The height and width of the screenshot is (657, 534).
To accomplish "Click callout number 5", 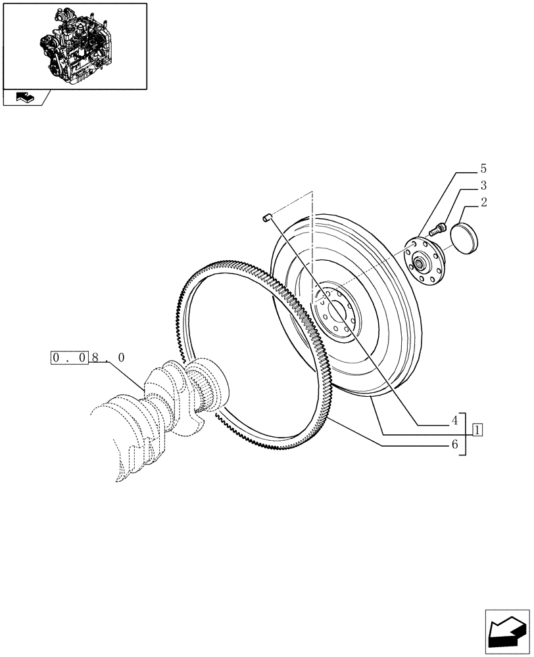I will [483, 169].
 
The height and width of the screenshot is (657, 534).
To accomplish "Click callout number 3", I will [483, 186].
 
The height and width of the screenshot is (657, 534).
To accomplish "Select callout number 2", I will [483, 203].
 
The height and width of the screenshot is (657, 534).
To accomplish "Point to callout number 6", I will [454, 445].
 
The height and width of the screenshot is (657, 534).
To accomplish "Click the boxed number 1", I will [477, 431].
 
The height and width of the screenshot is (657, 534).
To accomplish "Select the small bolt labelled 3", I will [438, 229].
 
